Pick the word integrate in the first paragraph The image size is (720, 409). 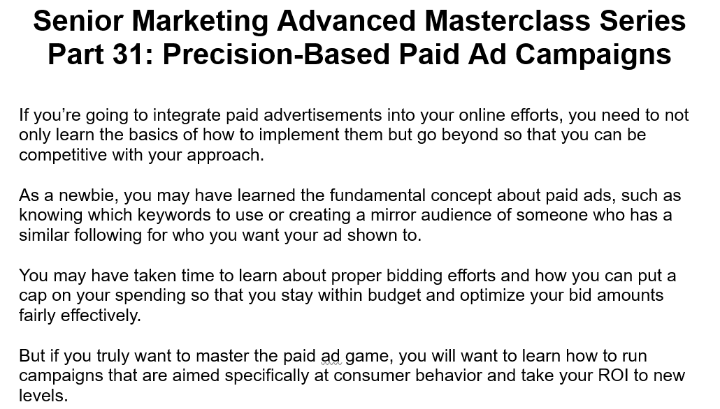coord(183,115)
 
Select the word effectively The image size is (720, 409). coord(100,315)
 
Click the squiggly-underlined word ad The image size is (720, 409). coord(331,356)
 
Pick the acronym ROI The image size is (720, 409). coord(613,375)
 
